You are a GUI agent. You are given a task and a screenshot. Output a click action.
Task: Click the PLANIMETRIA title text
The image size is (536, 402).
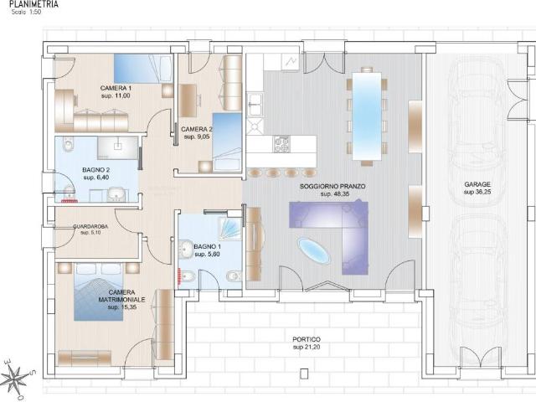click(x=33, y=4)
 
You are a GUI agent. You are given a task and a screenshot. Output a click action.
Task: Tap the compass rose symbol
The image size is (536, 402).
click(x=17, y=379)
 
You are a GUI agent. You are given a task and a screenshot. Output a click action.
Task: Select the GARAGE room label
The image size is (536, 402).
click(x=477, y=184)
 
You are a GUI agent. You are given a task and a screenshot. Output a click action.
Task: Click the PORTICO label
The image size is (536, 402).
click(x=307, y=339)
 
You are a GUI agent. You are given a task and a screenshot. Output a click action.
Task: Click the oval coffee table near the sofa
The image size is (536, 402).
click(x=314, y=251)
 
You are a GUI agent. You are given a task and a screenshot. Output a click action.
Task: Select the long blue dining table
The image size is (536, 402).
click(x=367, y=116)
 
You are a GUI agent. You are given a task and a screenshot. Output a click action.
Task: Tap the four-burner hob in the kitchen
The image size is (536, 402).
click(x=281, y=144)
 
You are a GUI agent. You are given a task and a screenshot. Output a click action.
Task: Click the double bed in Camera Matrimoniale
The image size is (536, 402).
click(x=99, y=291)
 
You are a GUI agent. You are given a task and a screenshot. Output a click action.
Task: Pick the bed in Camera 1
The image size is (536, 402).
click(x=143, y=69)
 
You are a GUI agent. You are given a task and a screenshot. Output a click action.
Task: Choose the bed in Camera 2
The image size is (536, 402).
click(x=227, y=142)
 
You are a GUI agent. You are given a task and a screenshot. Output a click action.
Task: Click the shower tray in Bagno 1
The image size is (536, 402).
click(x=229, y=227)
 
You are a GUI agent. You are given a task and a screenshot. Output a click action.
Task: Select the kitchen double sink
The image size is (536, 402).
click(x=255, y=104)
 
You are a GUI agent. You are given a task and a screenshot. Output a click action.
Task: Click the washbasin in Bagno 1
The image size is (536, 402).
click(x=186, y=248)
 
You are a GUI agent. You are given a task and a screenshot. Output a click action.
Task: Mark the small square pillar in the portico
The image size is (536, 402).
click(x=304, y=374)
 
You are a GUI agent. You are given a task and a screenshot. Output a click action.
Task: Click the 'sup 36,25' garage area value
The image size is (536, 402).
click(x=477, y=192)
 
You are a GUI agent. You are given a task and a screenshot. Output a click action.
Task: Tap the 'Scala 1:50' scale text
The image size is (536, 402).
click(x=26, y=12)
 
